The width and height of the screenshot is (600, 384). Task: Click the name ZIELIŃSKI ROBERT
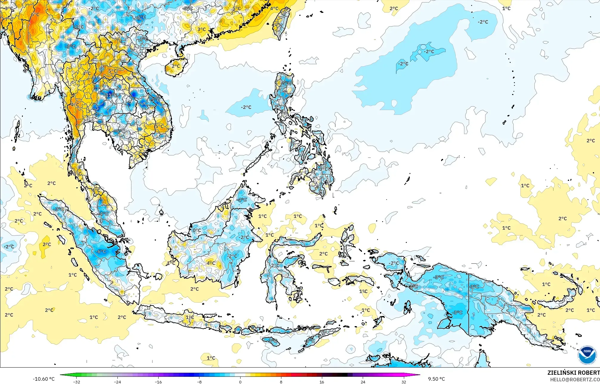point(573,373)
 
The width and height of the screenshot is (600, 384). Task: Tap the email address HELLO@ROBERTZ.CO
point(575,380)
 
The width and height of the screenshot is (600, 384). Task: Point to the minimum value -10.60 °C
point(44,379)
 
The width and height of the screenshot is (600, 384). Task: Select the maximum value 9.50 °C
point(436,379)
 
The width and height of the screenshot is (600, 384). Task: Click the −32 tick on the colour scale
point(77,382)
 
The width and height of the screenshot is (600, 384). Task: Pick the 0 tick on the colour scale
point(240,382)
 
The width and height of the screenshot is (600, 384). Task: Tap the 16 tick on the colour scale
point(322,382)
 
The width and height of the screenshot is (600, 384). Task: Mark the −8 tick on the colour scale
point(199,382)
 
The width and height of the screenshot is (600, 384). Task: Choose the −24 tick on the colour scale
point(117,382)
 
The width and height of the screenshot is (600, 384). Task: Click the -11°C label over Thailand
point(111,95)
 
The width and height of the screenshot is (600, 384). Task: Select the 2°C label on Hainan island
point(176,66)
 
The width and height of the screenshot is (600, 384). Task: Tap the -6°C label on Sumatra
point(101,252)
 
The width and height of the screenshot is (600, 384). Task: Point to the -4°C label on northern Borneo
point(241,200)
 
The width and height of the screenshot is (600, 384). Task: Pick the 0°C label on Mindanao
point(323,169)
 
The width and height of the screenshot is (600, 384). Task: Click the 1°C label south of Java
point(211,358)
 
